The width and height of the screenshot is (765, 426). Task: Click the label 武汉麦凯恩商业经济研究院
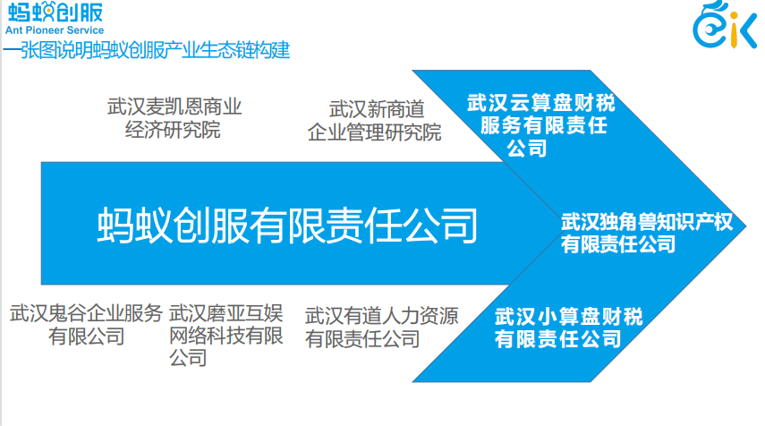tap(174, 118)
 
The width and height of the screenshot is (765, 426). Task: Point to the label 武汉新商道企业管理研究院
tap(375, 121)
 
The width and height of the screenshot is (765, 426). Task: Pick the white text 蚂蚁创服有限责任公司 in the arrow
tap(286, 225)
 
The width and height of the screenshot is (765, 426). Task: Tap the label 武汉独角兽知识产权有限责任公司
tap(646, 233)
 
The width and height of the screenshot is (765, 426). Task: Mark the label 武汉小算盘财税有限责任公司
tap(569, 328)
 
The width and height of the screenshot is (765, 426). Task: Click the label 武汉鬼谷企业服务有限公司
tap(86, 325)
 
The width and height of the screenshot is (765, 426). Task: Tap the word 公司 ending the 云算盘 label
tap(527, 147)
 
